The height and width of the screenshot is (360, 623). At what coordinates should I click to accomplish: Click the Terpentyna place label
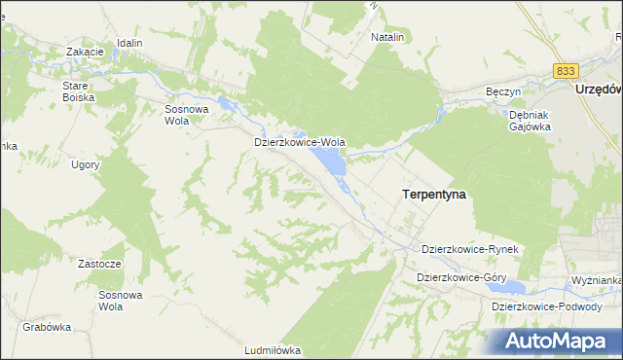tap(433, 195)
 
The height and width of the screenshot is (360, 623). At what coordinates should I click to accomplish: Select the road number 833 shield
tap(566, 71)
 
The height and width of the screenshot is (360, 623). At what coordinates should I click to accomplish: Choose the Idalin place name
tap(129, 44)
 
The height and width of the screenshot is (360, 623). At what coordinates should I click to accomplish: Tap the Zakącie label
tap(85, 52)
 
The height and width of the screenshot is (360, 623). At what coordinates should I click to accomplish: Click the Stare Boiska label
tap(76, 91)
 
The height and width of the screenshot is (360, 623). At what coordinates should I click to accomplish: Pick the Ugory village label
tap(86, 164)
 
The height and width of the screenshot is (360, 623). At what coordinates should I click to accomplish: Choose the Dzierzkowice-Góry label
tap(461, 277)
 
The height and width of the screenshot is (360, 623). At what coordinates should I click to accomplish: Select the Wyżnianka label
tap(597, 280)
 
